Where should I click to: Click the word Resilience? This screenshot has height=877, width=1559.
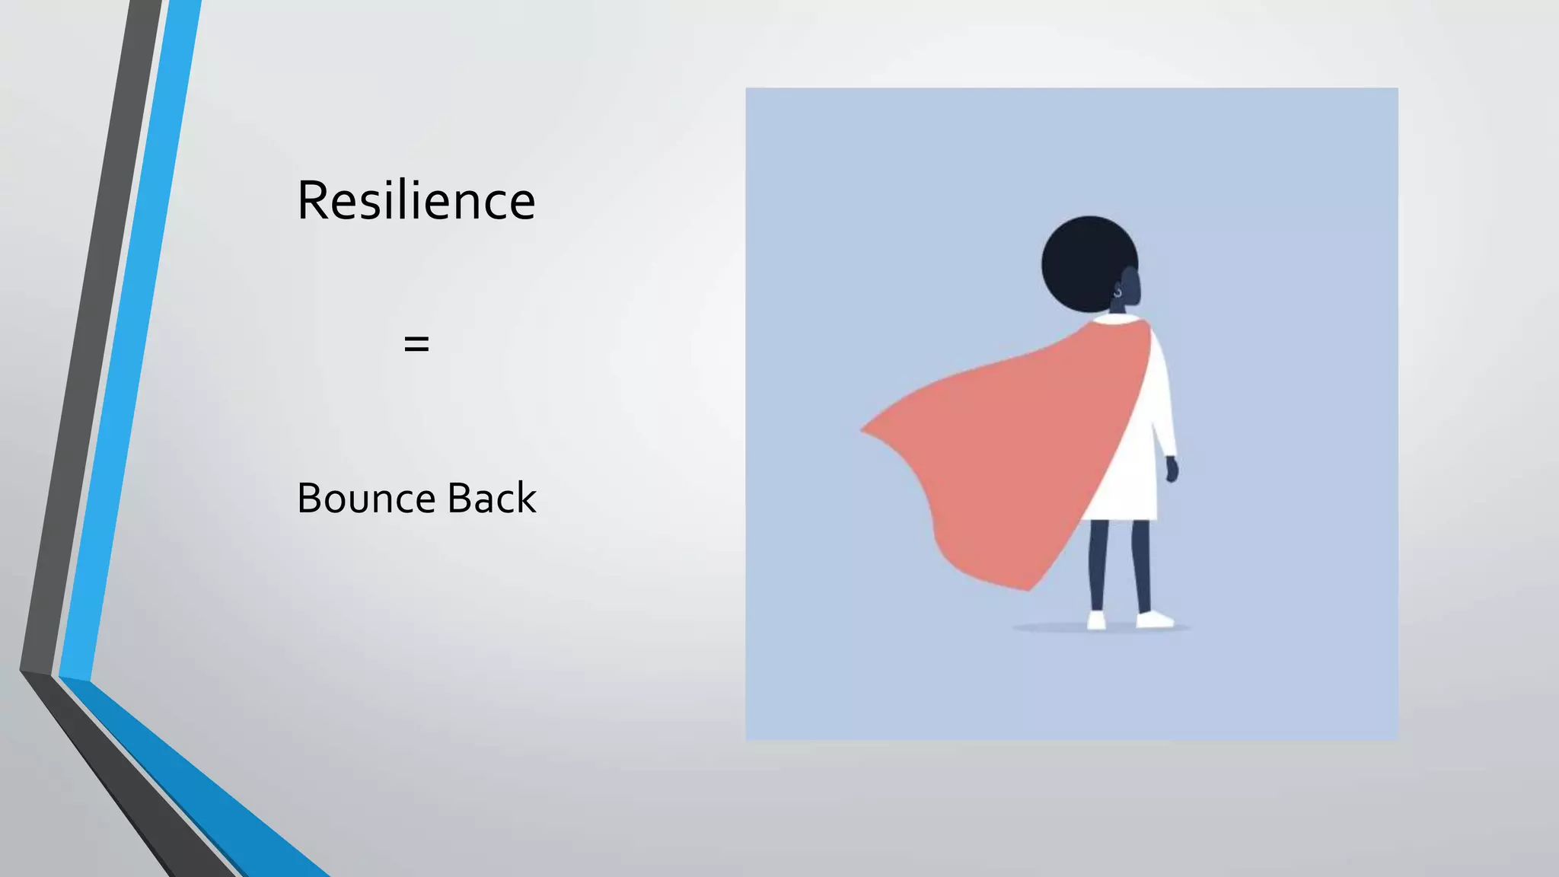[416, 201]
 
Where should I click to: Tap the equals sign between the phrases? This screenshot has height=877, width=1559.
[416, 344]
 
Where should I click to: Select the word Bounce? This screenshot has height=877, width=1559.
[366, 499]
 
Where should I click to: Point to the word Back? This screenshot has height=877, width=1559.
[492, 499]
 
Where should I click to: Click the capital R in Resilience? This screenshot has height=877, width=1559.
[313, 201]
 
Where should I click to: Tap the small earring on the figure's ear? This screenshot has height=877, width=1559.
[1117, 292]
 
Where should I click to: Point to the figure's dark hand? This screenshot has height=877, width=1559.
[1172, 470]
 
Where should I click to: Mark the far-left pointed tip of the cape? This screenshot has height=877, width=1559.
[863, 431]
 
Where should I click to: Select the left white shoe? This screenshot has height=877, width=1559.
[1096, 620]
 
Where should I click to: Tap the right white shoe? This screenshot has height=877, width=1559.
[1154, 620]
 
